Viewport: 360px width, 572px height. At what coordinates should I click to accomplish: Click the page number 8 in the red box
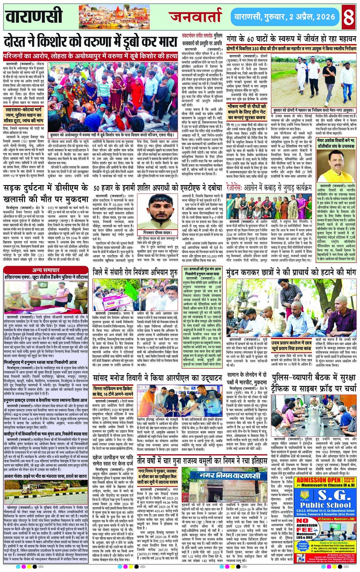pyautogui.click(x=349, y=17)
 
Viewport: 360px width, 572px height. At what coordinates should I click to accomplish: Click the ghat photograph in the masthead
pyautogui.click(x=114, y=17)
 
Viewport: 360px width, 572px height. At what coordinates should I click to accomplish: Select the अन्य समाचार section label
pyautogui.click(x=46, y=270)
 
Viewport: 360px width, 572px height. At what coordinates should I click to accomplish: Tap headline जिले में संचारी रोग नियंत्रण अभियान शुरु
pyautogui.click(x=135, y=273)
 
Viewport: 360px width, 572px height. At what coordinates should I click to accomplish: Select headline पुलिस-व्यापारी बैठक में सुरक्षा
pyautogui.click(x=314, y=383)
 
